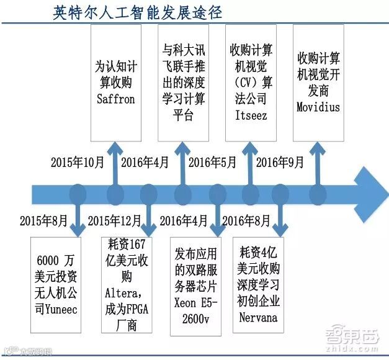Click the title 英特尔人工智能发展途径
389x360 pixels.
138,12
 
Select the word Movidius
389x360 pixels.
318,107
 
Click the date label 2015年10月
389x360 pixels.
77,163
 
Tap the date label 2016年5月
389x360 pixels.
212,163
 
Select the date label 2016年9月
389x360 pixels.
280,163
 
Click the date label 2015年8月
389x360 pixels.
43,220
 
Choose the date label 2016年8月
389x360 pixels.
246,220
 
